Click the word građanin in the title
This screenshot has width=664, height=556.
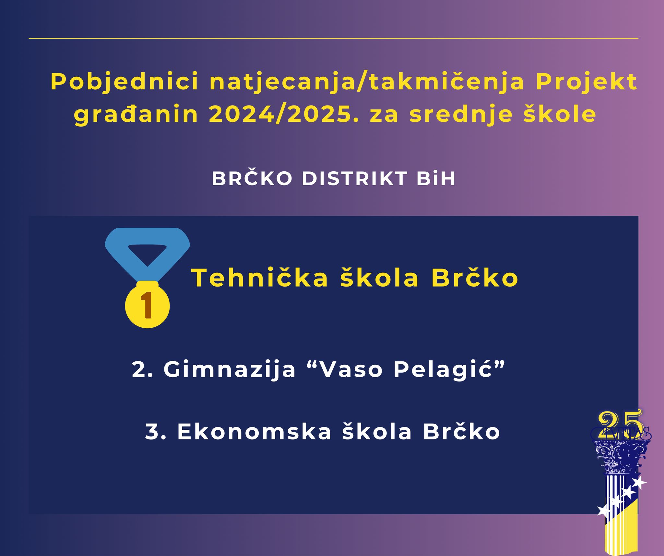[136, 115]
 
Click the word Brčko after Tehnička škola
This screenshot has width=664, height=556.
[475, 278]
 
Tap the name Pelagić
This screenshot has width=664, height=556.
[445, 369]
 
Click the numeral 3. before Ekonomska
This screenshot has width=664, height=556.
[156, 432]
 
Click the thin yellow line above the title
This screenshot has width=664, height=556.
[333, 39]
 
